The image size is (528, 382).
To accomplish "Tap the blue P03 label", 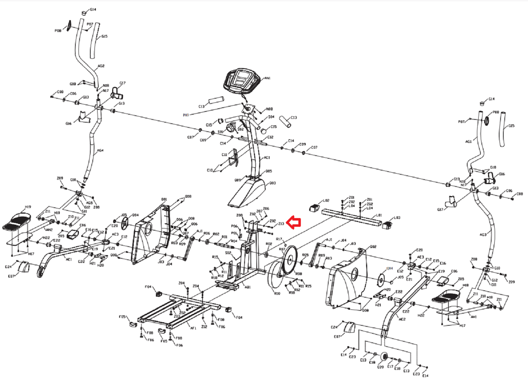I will [x=186, y=115].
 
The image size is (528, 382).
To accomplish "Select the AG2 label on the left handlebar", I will [x=101, y=66].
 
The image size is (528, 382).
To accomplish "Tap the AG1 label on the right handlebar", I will [x=468, y=142].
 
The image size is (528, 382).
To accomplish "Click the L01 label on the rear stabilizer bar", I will [x=379, y=216].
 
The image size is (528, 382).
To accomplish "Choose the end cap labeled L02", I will [x=314, y=207].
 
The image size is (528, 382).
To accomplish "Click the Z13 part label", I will [x=281, y=224].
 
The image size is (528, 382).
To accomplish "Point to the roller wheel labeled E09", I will [x=384, y=357].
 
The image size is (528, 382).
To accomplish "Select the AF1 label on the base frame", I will [x=193, y=328].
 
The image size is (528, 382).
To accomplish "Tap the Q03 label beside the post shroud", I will [x=273, y=183].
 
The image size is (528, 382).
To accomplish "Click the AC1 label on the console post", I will [x=267, y=158].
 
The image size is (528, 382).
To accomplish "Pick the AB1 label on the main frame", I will [x=248, y=287].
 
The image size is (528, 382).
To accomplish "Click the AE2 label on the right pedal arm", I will [x=402, y=319].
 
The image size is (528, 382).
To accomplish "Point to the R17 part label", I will [x=279, y=239].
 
